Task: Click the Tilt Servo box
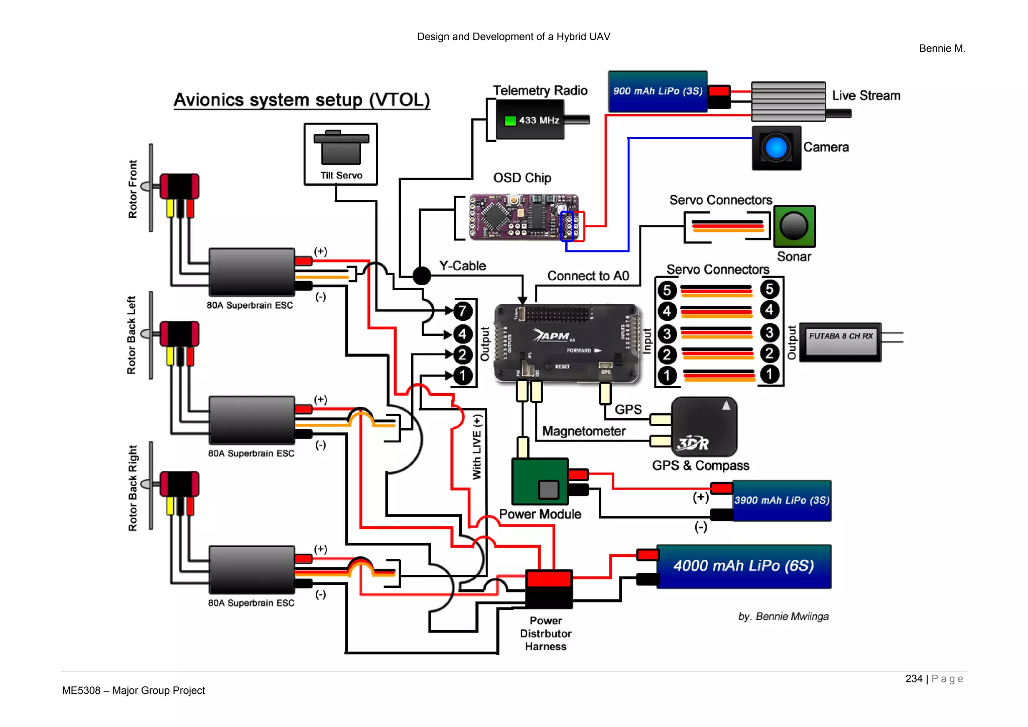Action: [340, 154]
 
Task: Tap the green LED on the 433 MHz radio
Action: [510, 120]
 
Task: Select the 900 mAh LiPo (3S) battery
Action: [657, 91]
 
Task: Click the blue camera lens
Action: [776, 148]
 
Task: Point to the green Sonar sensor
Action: [794, 226]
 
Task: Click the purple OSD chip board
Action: [522, 216]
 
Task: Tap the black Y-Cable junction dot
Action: [422, 275]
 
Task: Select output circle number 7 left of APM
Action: [462, 311]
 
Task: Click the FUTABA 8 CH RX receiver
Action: [840, 342]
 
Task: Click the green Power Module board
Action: [540, 481]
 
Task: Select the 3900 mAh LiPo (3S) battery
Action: [782, 501]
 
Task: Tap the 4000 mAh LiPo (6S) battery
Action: [743, 566]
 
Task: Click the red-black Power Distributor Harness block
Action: [549, 588]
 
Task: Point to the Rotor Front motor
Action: [179, 187]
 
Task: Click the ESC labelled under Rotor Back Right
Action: [251, 570]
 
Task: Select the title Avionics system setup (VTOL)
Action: [302, 99]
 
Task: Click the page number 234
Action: [914, 679]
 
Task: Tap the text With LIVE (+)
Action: [477, 446]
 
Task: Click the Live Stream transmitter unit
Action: [788, 101]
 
